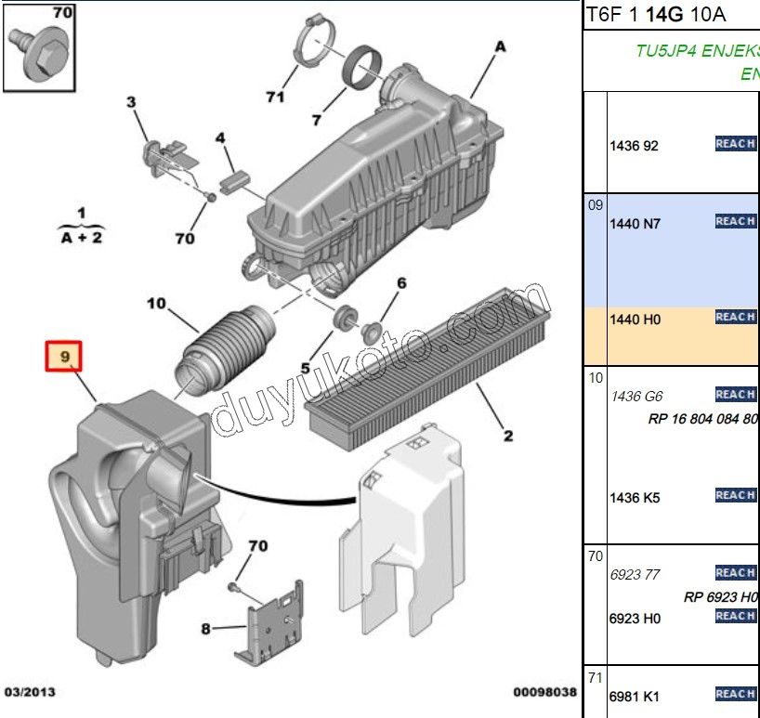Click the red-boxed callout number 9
pos(65,356)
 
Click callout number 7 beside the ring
pos(316,120)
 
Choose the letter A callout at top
pos(500,46)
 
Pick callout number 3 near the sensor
pos(131,102)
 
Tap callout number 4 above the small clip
pos(220,138)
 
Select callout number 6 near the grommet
pos(401,283)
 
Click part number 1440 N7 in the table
pos(635,224)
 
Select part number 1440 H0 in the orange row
pos(635,320)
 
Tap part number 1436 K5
pos(635,498)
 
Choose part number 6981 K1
pos(635,697)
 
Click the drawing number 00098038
pos(545,693)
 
